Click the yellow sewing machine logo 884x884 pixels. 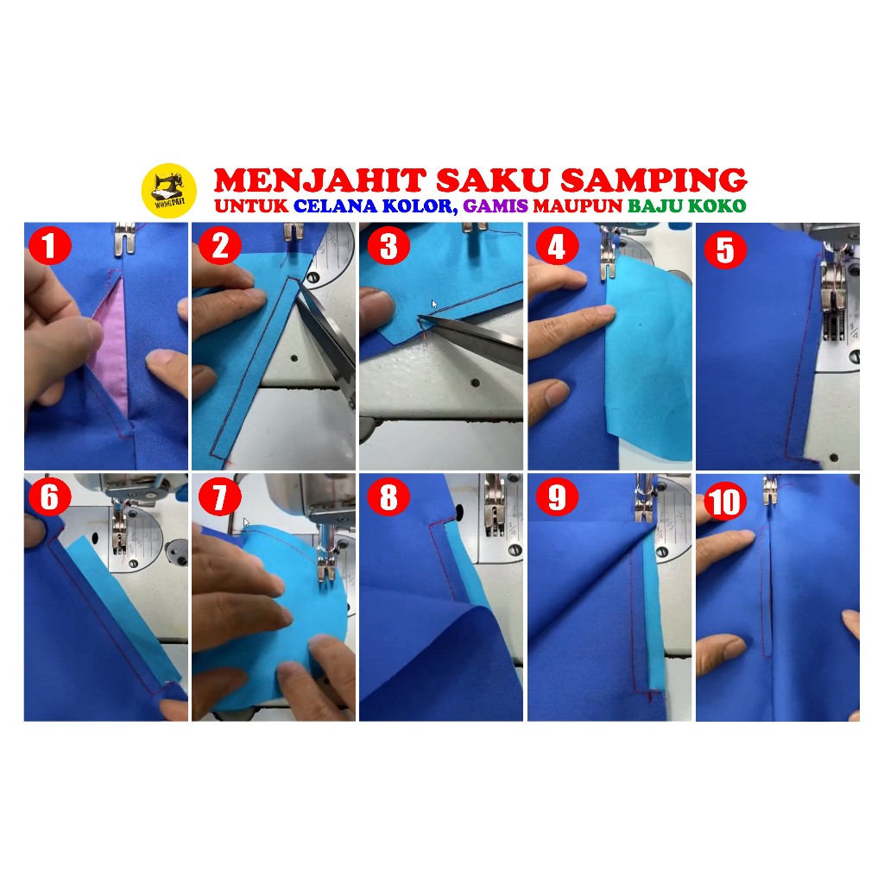tap(168, 191)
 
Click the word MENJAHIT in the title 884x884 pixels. tap(319, 180)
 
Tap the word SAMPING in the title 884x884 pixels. tap(654, 180)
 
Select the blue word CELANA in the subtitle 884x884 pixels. tap(336, 205)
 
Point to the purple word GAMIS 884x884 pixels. tap(496, 205)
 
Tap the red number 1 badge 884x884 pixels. tap(49, 246)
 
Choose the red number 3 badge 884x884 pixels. tap(388, 246)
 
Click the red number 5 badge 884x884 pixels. tap(725, 249)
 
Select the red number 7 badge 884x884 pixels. tap(220, 496)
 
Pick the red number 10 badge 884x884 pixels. tap(725, 501)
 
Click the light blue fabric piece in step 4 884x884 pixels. tap(648, 361)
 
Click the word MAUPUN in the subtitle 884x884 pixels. tap(578, 205)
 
